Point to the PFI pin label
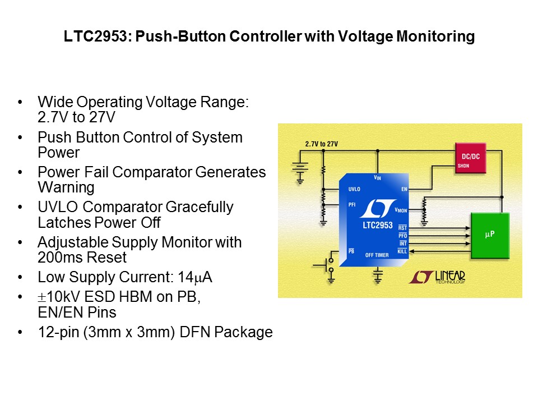coord(352,205)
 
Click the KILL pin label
coord(402,251)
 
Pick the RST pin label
coord(402,227)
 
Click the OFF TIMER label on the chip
coord(377,255)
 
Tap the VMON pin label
coord(401,210)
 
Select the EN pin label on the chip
coord(404,190)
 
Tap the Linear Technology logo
coord(437,277)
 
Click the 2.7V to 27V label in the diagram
coord(321,144)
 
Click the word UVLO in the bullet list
coord(55,207)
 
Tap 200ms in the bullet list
coord(56,258)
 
